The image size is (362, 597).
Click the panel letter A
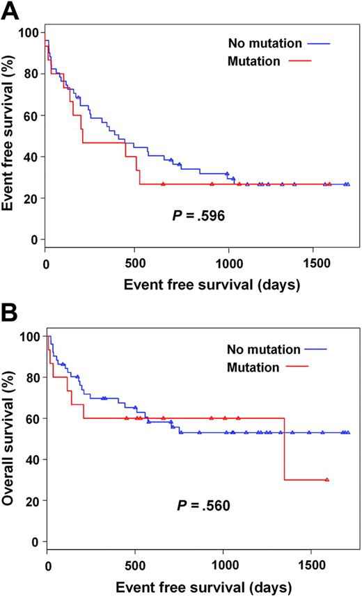[x=11, y=12]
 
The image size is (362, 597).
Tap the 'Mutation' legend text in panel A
[x=253, y=61]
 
